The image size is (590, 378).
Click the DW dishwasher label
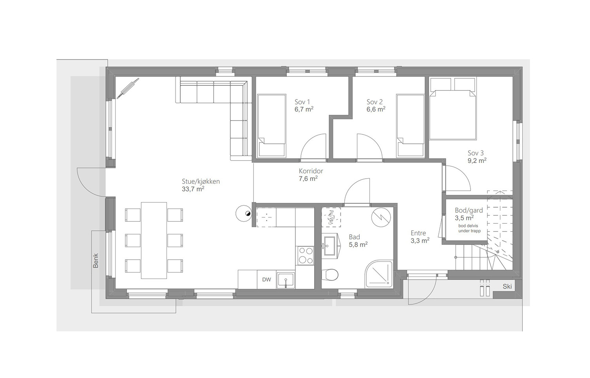pos(266,279)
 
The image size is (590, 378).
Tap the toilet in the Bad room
pos(330,275)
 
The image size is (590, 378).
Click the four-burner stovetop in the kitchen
pos(306,255)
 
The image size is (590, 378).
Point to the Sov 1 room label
pos(302,102)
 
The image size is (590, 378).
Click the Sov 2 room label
pos(375,102)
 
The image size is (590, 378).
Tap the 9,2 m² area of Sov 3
pos(477,161)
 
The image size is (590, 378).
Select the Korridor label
pos(311,171)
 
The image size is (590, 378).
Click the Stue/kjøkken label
pos(201,181)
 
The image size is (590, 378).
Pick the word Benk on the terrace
pos(96,260)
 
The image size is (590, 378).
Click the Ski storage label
pos(507,287)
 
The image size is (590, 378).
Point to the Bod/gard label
pos(469,210)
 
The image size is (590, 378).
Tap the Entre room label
pos(418,233)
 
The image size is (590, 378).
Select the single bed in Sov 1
pos(271,126)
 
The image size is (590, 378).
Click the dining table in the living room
pos(154,240)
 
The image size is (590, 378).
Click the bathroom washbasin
pos(330,246)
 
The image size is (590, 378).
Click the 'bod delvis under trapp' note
pos(470,228)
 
